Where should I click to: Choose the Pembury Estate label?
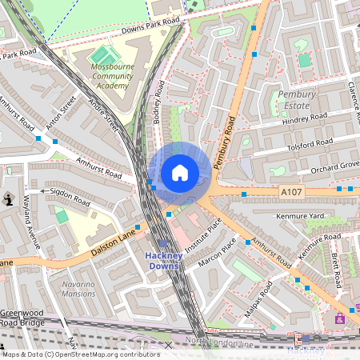click(297, 99)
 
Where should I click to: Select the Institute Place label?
click(203, 235)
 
